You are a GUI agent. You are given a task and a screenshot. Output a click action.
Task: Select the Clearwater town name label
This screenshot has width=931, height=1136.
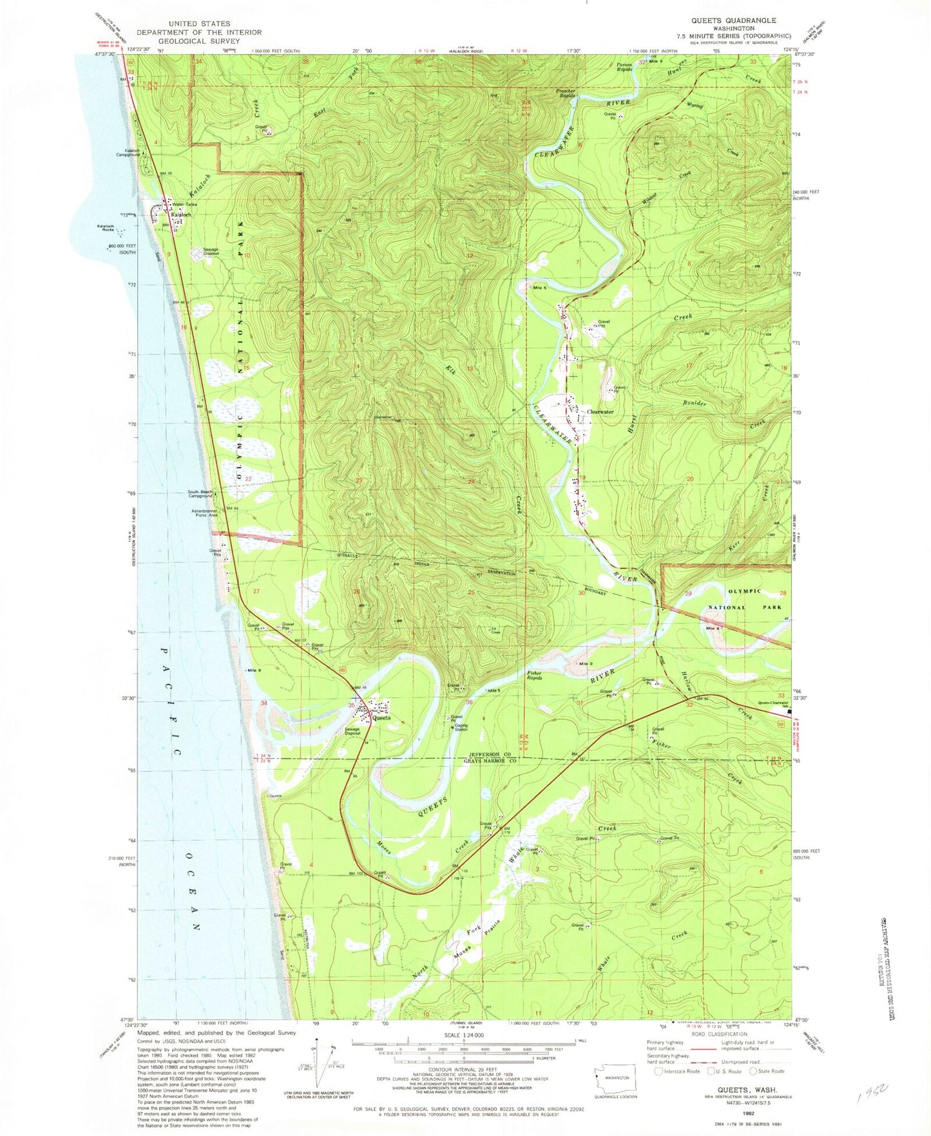[x=599, y=412]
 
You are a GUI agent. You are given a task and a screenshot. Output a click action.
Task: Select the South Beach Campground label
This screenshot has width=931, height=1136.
[x=200, y=495]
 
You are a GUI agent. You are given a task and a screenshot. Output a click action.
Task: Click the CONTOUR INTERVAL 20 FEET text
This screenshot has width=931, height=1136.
[x=464, y=1068]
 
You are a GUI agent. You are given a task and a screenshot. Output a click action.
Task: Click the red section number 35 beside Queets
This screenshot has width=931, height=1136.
[x=350, y=706]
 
